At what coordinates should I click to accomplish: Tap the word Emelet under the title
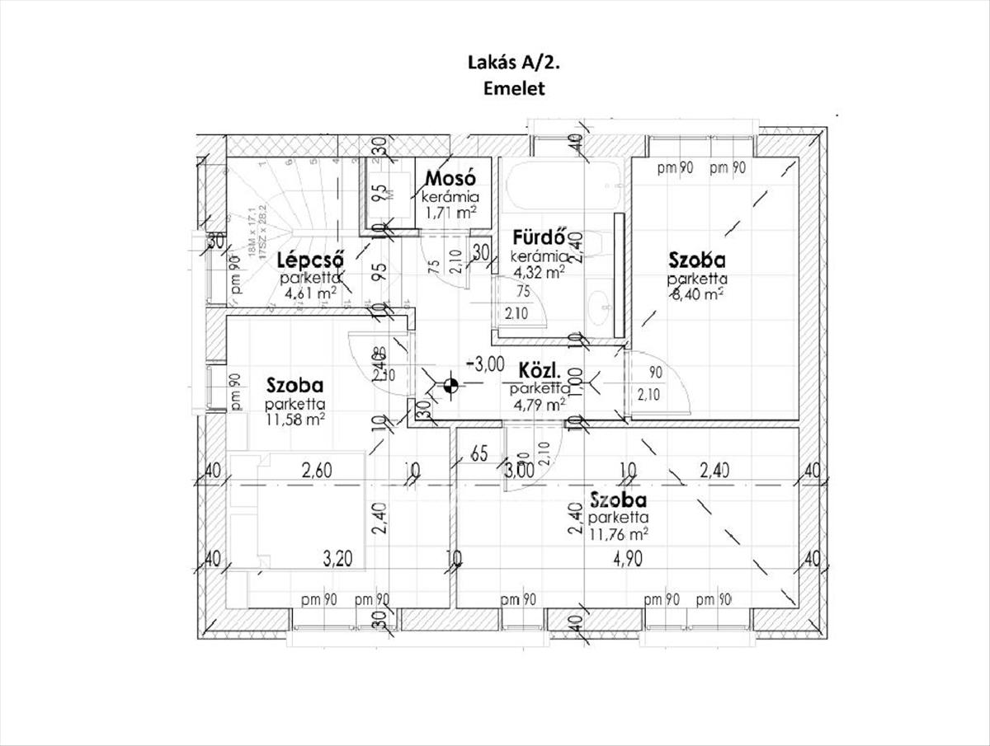tap(513, 89)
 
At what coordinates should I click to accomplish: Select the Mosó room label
tap(450, 178)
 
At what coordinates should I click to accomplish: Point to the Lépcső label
tap(309, 258)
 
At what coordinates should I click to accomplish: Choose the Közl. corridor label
tap(540, 368)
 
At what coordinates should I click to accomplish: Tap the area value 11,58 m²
tap(295, 419)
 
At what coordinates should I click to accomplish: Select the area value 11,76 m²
tap(618, 533)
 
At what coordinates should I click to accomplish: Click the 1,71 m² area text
tap(450, 213)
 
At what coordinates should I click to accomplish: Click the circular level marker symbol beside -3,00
tap(450, 383)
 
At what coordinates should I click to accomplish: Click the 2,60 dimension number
tap(316, 472)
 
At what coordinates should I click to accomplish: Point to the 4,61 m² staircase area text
tap(309, 292)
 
